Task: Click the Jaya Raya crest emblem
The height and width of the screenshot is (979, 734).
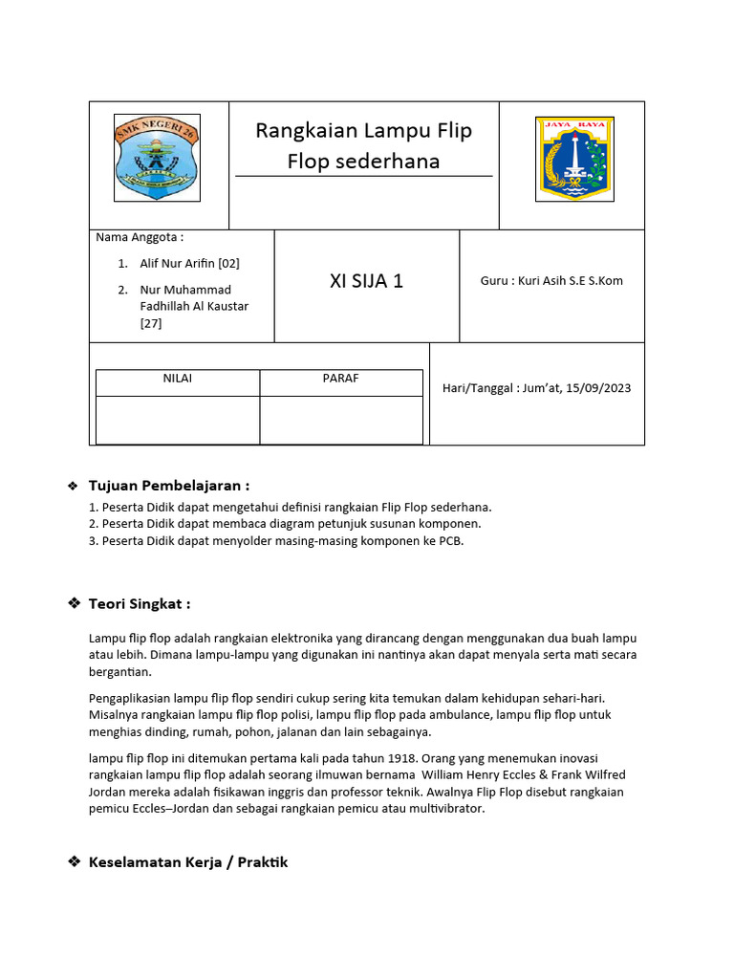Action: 573,159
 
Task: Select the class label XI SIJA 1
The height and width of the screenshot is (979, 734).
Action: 366,281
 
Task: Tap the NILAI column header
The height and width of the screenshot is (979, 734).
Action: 177,379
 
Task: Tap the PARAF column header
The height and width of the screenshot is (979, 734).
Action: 340,379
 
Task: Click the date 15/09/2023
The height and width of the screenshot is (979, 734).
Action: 598,388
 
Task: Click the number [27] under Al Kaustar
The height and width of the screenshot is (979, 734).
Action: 151,323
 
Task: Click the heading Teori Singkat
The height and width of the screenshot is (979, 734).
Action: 140,604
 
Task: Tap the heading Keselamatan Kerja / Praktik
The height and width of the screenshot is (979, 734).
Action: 187,862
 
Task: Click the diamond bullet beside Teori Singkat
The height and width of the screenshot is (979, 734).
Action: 74,604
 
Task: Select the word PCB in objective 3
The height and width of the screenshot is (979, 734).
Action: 450,541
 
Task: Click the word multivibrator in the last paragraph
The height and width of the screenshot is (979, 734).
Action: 448,809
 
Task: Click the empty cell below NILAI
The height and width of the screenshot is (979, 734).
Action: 177,420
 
